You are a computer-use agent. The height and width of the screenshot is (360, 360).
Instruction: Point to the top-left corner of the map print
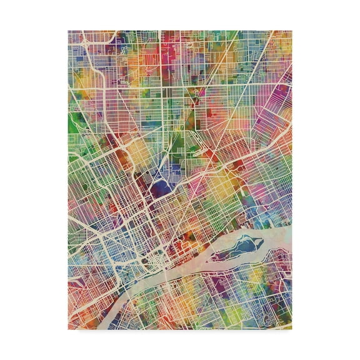[68, 30]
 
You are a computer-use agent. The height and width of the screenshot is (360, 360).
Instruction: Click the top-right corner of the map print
[292, 30]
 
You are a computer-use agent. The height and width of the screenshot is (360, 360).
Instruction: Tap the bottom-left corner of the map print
[68, 329]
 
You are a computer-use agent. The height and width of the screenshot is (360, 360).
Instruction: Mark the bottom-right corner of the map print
[292, 329]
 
